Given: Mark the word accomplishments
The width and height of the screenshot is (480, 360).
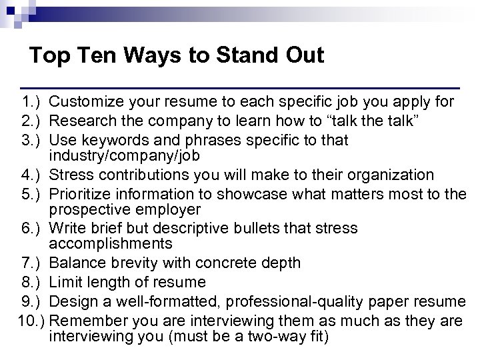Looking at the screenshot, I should (111, 243).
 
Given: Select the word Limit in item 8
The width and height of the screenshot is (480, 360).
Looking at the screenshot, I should (65, 283).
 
